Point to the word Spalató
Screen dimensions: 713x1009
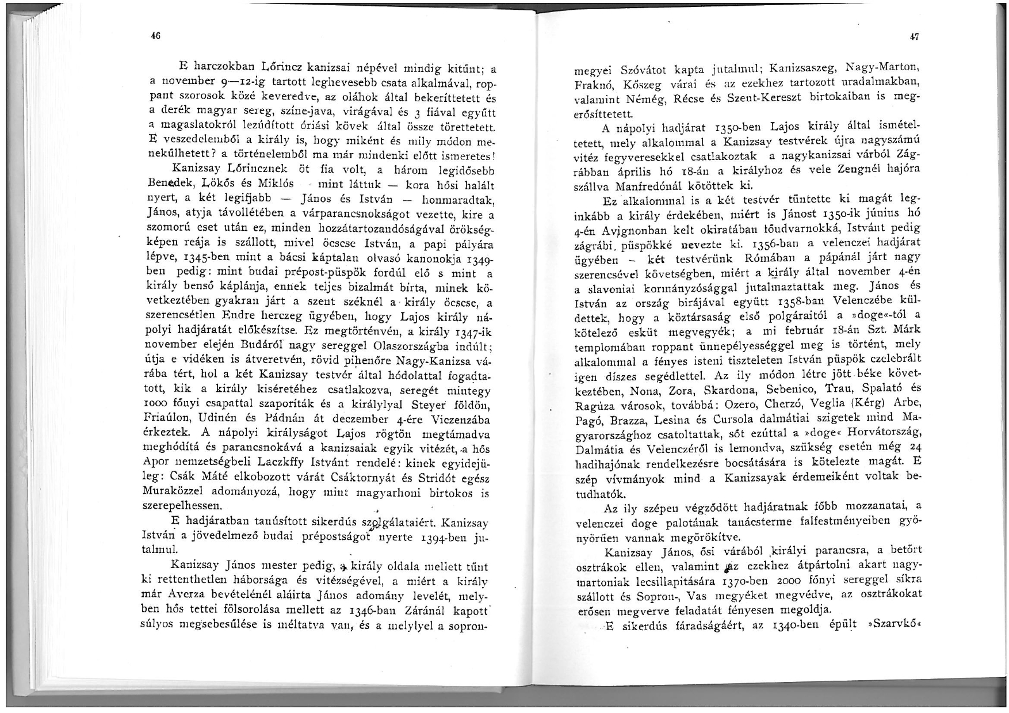click(877, 388)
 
